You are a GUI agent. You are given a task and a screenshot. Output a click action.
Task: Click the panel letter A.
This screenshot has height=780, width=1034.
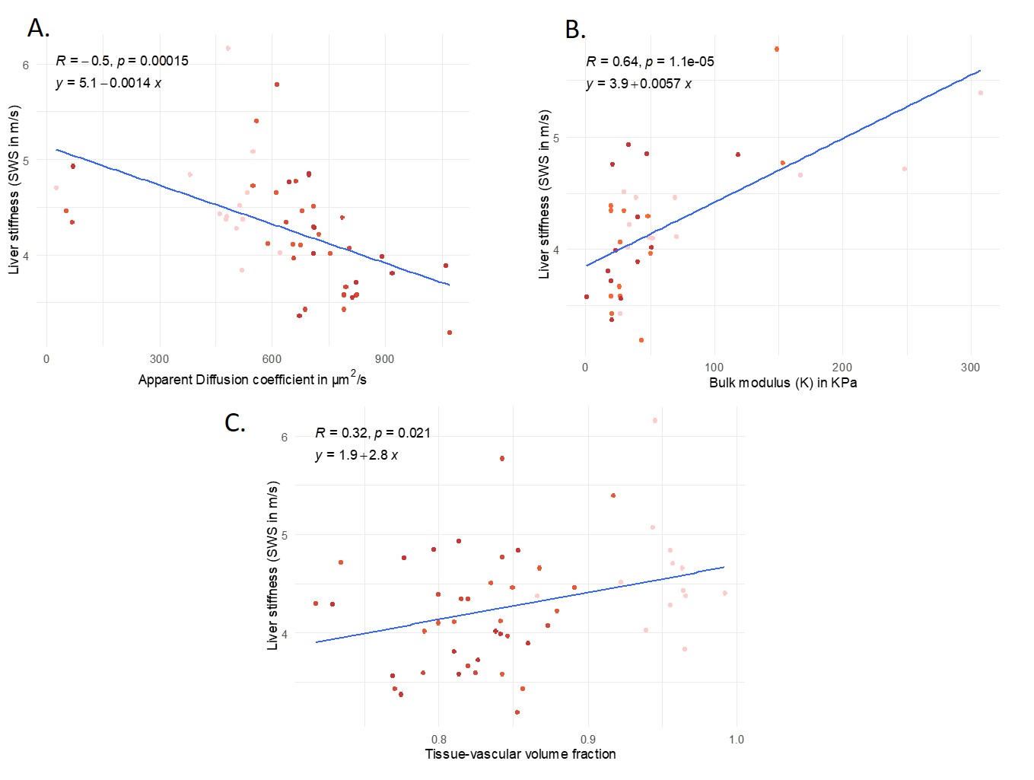tap(38, 28)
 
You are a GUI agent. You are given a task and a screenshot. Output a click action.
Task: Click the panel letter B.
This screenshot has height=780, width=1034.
tap(575, 30)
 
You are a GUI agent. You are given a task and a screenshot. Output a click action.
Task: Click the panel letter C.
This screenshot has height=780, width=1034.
tap(235, 422)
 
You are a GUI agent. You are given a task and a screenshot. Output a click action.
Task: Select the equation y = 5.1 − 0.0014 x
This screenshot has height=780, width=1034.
tap(109, 83)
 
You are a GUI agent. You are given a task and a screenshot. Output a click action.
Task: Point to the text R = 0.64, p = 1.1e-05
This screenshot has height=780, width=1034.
tap(650, 62)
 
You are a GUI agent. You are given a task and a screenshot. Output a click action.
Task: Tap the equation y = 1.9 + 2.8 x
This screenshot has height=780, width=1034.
tap(357, 455)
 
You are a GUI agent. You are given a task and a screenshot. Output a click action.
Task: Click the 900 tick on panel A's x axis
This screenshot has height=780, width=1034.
tap(384, 359)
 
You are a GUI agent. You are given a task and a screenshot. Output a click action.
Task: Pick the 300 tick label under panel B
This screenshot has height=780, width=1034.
tap(970, 368)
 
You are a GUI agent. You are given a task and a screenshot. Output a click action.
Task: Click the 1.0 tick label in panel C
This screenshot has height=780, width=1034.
tap(736, 740)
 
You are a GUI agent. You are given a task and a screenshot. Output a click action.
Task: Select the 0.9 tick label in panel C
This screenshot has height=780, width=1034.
tap(587, 740)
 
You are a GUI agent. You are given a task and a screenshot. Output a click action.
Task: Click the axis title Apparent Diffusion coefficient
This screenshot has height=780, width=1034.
tap(252, 379)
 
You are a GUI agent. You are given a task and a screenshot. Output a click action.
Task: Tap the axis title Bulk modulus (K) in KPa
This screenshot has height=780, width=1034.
tap(783, 383)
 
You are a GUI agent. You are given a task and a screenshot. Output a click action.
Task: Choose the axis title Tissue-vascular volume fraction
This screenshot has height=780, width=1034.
tap(520, 754)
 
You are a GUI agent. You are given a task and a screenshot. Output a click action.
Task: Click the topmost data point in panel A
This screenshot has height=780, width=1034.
tap(227, 48)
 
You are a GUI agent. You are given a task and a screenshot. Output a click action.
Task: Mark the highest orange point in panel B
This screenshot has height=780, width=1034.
tap(776, 49)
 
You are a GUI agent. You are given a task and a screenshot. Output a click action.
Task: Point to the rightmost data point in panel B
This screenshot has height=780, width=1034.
tap(981, 93)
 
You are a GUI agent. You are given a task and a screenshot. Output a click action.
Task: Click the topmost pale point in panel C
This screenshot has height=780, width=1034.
tap(655, 420)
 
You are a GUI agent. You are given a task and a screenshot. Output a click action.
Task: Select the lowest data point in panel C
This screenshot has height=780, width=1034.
tap(517, 712)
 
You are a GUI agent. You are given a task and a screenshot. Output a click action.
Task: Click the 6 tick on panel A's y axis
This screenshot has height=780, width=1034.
tap(26, 65)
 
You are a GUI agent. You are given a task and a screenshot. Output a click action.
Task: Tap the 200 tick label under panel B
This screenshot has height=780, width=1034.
tap(842, 368)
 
